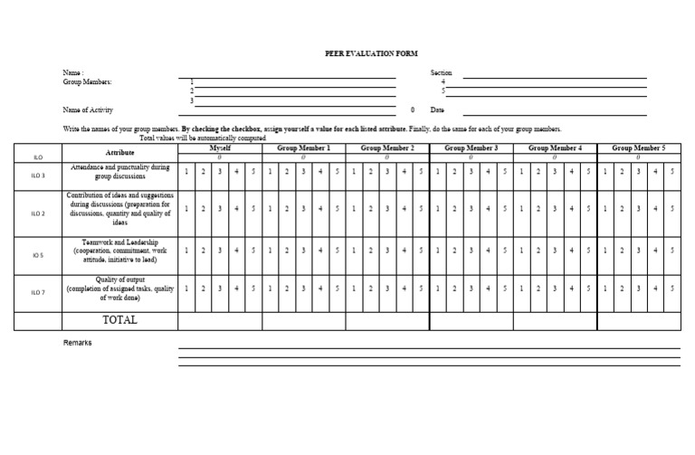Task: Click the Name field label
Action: pyautogui.click(x=72, y=72)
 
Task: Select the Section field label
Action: pyautogui.click(x=441, y=72)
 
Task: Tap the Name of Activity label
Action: pyautogui.click(x=88, y=109)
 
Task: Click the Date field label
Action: pyautogui.click(x=437, y=109)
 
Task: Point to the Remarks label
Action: pyautogui.click(x=78, y=343)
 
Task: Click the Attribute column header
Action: pyautogui.click(x=120, y=153)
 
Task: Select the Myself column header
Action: pyautogui.click(x=220, y=147)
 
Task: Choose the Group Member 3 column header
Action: pyautogui.click(x=471, y=147)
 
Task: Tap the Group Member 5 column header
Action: pyautogui.click(x=639, y=147)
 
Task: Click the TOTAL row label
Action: pyautogui.click(x=120, y=320)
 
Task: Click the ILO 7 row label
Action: pyautogui.click(x=38, y=291)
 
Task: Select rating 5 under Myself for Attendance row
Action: pyautogui.click(x=253, y=172)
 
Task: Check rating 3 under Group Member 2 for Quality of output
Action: pyautogui.click(x=387, y=289)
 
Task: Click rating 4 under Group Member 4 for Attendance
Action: pyautogui.click(x=572, y=172)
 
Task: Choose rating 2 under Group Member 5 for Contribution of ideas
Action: pyautogui.click(x=622, y=209)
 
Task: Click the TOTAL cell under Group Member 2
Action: pyautogui.click(x=387, y=320)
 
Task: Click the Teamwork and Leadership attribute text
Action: pyautogui.click(x=120, y=251)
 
